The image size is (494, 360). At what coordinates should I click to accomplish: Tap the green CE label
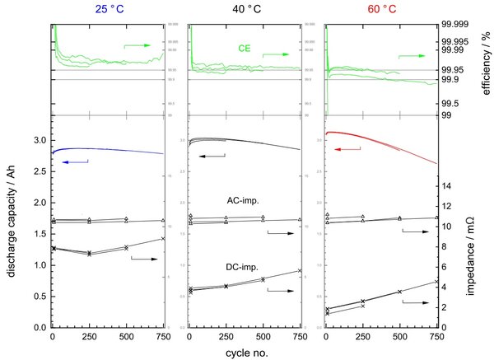point(245,49)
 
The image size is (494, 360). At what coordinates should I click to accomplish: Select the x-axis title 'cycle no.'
point(246,352)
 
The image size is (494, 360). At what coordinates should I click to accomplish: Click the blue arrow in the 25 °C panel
point(75,162)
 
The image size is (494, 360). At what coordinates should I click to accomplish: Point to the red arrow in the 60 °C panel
point(347,149)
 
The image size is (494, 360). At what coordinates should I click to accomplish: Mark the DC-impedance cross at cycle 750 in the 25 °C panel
point(163,239)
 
